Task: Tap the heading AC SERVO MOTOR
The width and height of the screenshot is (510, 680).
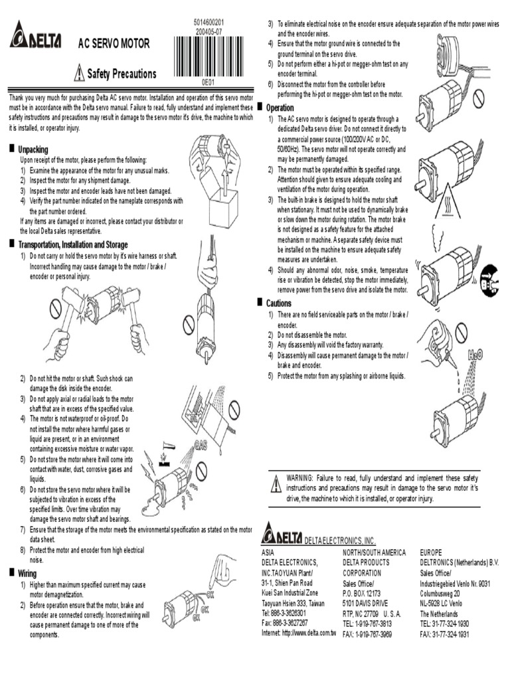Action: click(x=114, y=44)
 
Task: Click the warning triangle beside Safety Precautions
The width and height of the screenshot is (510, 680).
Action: click(x=80, y=73)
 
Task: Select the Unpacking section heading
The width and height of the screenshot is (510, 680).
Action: click(x=33, y=150)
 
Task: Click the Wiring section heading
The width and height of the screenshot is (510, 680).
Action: click(x=27, y=572)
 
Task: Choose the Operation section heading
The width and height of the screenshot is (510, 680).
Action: click(x=280, y=108)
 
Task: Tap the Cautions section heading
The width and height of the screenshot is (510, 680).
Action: click(x=278, y=303)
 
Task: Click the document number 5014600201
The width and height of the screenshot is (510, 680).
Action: click(x=214, y=23)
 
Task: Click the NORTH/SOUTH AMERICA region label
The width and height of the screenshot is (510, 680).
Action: click(x=374, y=552)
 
